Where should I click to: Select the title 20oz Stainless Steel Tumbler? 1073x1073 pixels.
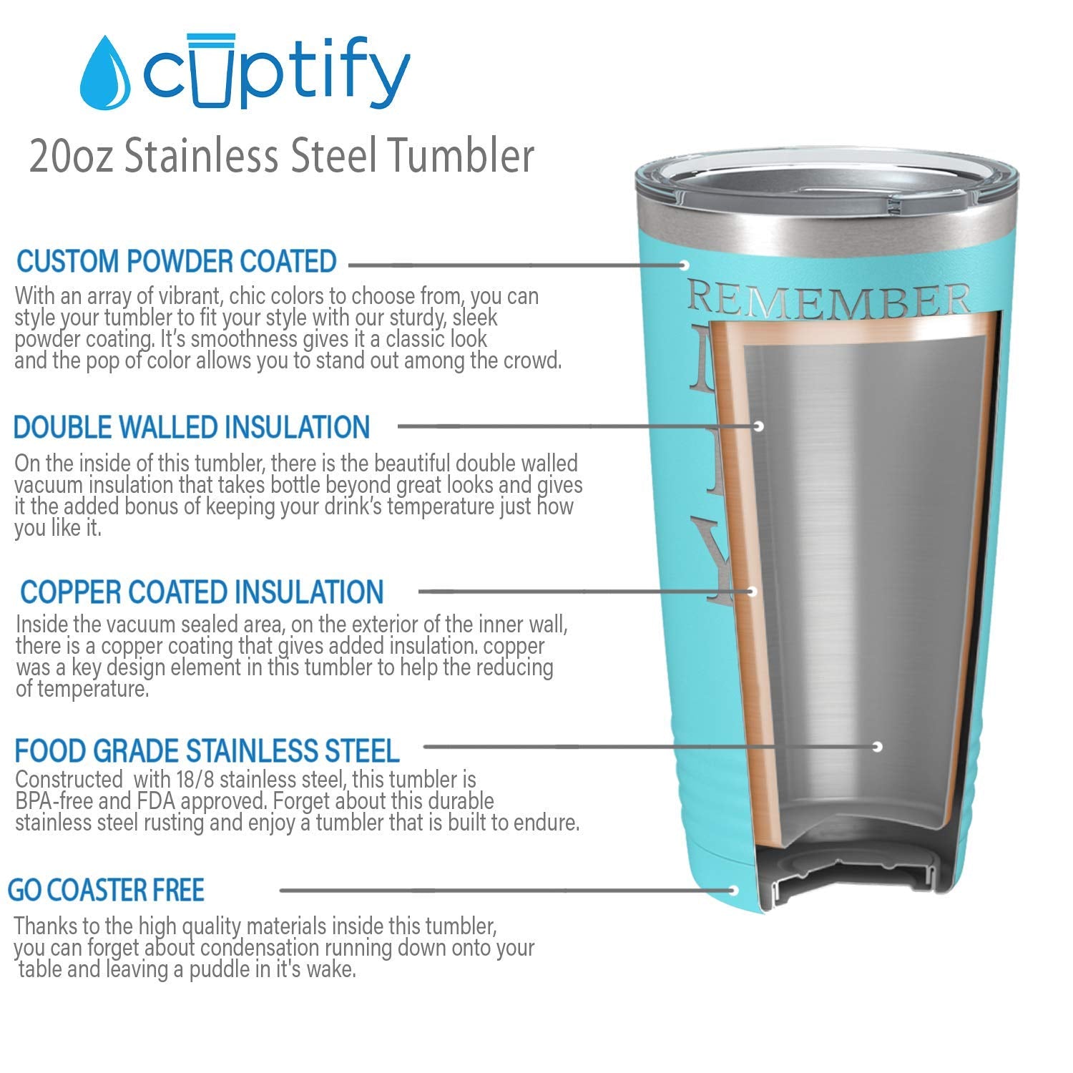point(281,156)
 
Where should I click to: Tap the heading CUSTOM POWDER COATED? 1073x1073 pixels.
point(176,262)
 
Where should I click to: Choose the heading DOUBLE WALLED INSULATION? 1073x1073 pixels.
point(192,427)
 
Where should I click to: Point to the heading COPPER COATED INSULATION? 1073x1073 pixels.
point(202,592)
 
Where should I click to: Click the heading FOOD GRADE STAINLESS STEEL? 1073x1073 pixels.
point(207,751)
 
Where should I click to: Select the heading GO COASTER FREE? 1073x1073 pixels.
point(106,891)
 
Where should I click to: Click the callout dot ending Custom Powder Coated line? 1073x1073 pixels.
point(684,265)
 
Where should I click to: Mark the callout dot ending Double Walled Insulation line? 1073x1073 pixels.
point(759,426)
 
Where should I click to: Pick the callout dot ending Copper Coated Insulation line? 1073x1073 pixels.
point(752,592)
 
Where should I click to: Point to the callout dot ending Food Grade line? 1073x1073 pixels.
point(878,747)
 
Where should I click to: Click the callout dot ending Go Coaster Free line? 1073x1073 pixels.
point(734,891)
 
